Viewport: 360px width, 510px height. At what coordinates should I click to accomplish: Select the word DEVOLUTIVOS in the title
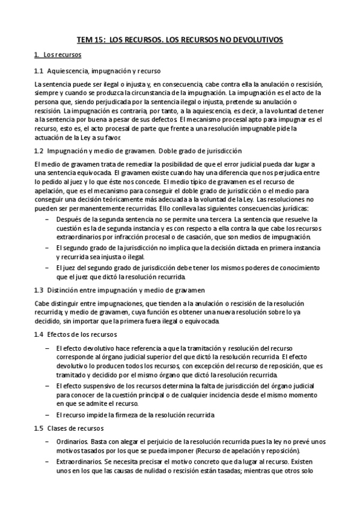click(254, 40)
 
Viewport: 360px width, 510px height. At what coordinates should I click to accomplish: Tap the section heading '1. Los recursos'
click(58, 55)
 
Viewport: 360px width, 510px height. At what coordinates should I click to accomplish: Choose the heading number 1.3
click(39, 290)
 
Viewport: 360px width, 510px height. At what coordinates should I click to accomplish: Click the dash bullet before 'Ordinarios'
click(47, 442)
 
